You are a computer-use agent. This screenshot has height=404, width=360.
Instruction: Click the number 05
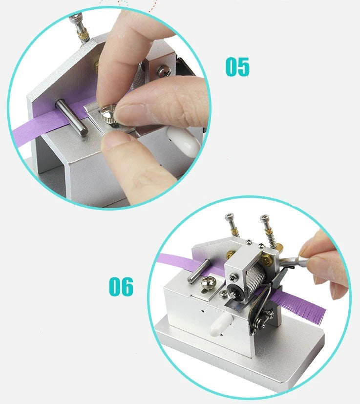pos(237,67)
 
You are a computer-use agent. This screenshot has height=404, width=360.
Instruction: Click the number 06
pos(121,286)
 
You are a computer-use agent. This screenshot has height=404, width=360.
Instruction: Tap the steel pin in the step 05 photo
pos(72,117)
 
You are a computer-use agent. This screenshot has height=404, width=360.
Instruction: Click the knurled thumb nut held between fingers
pos(108,115)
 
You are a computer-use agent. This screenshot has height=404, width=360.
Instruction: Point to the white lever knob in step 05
pos(184,142)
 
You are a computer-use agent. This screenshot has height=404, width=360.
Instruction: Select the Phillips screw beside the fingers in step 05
pos(164,71)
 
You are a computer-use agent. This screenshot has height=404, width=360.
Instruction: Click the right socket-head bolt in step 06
pos(269,230)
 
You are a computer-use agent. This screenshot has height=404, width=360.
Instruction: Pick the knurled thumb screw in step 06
pos(208,282)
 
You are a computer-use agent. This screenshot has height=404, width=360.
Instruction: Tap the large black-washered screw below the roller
pos(235,292)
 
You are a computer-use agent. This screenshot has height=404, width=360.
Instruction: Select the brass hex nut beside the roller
pos(267,260)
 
